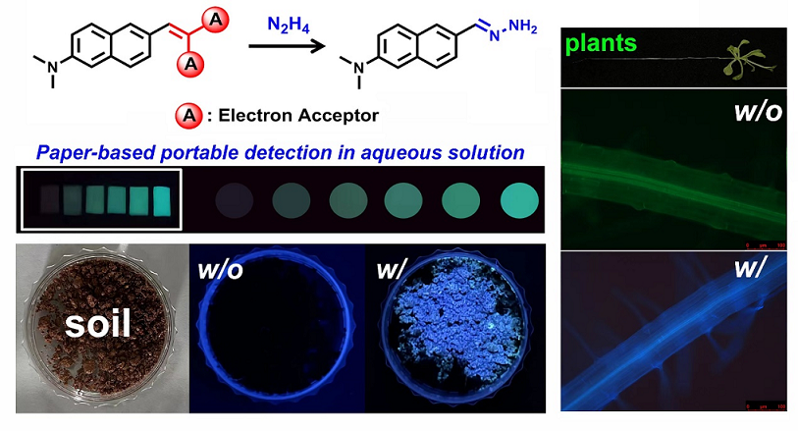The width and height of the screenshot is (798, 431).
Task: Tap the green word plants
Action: point(598,43)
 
